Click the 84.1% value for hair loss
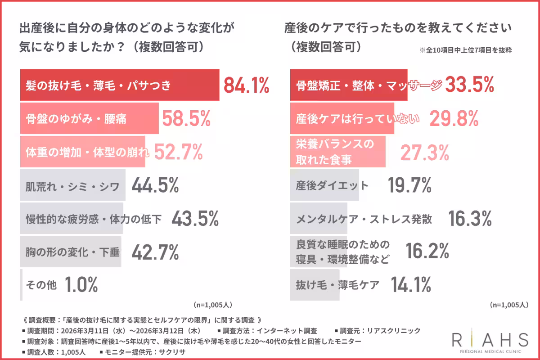pos(246,85)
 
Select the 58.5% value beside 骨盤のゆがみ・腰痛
pos(186,119)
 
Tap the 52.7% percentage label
pos(178,153)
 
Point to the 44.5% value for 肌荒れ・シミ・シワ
pos(155,185)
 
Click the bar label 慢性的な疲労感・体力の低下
pos(93,219)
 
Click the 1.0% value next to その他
pos(81,284)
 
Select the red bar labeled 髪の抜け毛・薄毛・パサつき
pos(119,85)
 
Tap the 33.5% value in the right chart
pos(469,85)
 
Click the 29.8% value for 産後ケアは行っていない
pos(453,119)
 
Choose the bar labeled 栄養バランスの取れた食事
pos(337,152)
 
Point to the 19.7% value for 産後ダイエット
pos(409,185)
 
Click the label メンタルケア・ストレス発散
pos(364,219)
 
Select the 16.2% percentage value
pos(427,252)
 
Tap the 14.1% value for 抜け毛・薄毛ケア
pos(410,284)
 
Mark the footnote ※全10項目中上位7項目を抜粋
pos(466,51)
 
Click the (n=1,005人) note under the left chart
pos(212,305)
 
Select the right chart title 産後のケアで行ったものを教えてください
pos(398,29)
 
